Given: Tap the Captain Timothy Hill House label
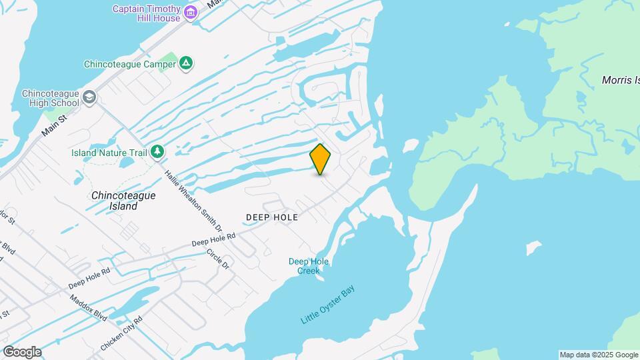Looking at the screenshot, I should [x=146, y=13].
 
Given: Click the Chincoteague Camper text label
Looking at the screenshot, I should [x=129, y=65].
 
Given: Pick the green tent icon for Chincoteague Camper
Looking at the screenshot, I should [x=187, y=64].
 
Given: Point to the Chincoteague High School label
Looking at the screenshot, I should [x=50, y=99].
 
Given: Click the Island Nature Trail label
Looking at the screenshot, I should [x=109, y=153].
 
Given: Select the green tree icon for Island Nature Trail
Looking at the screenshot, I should [x=157, y=152].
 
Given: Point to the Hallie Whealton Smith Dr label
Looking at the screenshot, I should [x=193, y=201].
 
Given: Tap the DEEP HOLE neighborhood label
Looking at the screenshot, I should [x=271, y=217].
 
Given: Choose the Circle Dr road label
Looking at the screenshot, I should [x=218, y=259].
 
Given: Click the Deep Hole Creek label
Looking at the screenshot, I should [x=309, y=266].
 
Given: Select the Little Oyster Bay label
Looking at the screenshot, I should [x=328, y=305].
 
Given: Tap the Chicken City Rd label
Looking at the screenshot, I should [x=121, y=334].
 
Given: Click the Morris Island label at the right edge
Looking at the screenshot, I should [x=621, y=80].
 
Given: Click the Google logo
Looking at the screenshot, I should [x=21, y=352].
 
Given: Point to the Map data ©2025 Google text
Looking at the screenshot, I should [x=599, y=355].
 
